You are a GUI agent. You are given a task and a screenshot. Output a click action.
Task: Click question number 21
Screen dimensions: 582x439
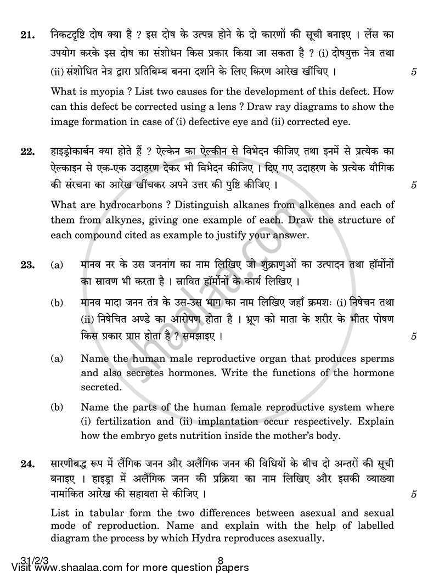pos(26,36)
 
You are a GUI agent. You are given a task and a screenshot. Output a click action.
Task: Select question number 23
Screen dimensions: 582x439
pos(26,265)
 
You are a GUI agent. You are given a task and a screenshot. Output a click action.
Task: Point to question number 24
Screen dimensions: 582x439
pos(26,465)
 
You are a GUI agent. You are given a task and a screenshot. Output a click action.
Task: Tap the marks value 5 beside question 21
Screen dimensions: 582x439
pos(413,71)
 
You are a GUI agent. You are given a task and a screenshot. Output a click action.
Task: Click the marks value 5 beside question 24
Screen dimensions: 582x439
pos(413,494)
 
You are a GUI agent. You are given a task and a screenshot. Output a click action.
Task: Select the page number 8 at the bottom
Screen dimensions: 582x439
pos(219,561)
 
